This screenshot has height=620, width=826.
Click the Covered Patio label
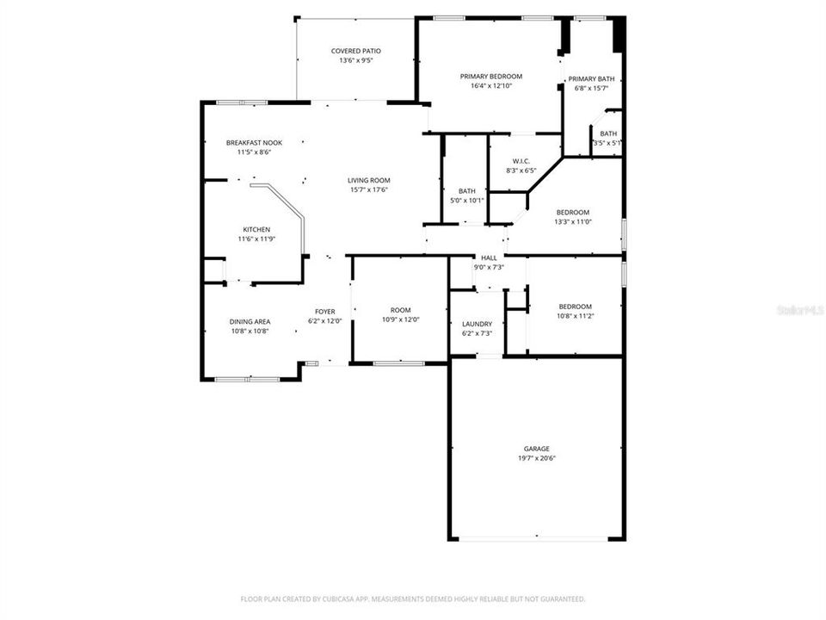coord(356,52)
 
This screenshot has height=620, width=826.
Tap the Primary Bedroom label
coord(490,77)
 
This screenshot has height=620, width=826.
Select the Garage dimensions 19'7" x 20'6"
coord(537,458)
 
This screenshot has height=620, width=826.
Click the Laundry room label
coord(477,324)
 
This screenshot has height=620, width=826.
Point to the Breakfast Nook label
coord(254,143)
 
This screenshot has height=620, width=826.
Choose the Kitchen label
coord(256,230)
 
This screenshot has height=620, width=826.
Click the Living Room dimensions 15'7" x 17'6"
coord(368,189)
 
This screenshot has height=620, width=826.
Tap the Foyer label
coord(324,312)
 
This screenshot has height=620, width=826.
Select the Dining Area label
coord(250,321)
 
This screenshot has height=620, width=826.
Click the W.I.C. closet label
coord(521,161)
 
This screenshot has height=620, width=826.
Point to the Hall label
coord(489,257)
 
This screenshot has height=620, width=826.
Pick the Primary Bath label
coord(591,78)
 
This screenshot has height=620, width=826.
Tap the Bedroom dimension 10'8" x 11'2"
coord(575,316)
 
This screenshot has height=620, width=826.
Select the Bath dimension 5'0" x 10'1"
coord(467,201)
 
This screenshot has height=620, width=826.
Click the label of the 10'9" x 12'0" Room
coord(400,310)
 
